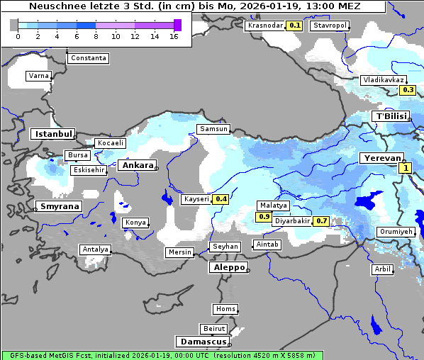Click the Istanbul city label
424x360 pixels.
52,134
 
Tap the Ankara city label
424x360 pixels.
137,165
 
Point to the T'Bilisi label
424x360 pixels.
392,116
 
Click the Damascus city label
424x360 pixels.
201,342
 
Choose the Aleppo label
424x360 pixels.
227,268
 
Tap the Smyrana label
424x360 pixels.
59,207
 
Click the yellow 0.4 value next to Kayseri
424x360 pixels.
221,200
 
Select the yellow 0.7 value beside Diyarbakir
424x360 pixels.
321,221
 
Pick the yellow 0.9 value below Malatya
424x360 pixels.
264,216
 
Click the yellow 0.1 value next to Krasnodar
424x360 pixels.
295,26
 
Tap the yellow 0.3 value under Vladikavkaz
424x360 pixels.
408,90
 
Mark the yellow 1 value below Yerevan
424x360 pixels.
405,168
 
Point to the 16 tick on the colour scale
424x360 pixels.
174,37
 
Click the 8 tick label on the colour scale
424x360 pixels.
96,37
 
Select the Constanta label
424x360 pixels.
89,58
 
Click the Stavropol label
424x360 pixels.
330,26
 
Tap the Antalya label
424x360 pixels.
95,249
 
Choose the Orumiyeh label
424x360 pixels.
395,232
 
